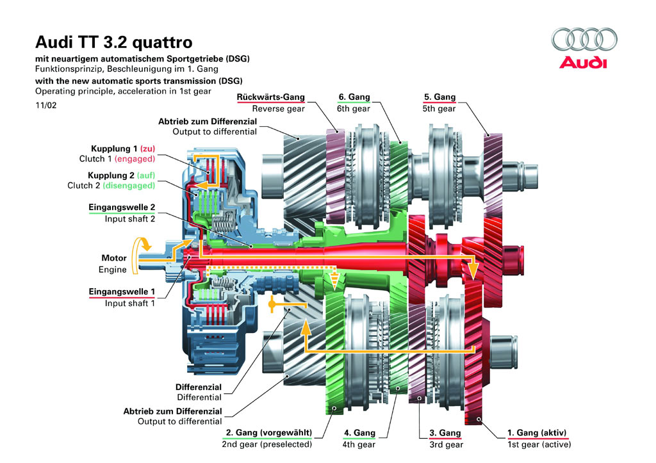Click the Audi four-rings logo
coord(584,40)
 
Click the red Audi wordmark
coord(582,63)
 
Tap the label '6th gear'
coord(354,109)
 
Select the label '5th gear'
coord(439,109)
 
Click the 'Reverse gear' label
coord(279,109)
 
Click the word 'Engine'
coord(113,270)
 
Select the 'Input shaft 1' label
coord(130,304)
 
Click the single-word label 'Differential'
coord(199,398)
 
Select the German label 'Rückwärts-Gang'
coord(271,97)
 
